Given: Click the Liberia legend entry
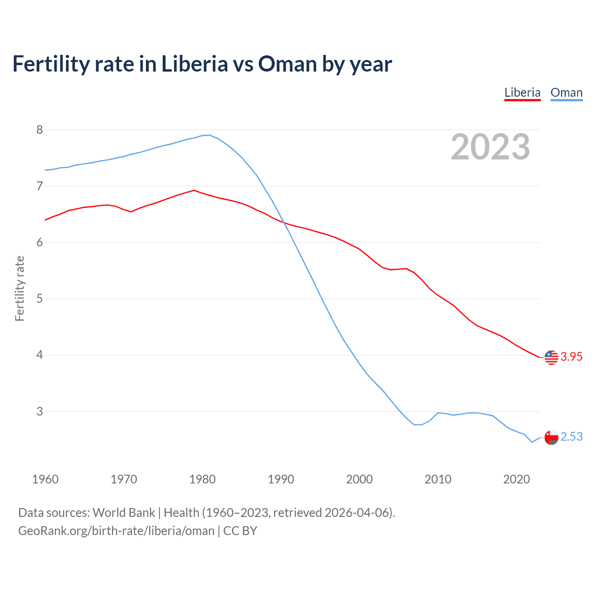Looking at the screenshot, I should (522, 93).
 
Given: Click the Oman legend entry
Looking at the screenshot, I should (566, 93).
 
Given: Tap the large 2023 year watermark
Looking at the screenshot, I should (490, 147).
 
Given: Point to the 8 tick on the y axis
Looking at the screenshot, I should (40, 130).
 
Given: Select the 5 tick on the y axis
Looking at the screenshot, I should (40, 298).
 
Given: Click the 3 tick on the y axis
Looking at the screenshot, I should (40, 411).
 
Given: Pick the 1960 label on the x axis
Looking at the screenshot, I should (45, 479).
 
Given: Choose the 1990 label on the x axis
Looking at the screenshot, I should (281, 479).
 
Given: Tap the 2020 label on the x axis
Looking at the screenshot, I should (516, 479).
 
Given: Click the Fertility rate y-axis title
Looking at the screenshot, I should (20, 288).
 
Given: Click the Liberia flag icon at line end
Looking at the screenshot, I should (551, 357).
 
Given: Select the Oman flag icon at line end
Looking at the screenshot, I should (551, 437).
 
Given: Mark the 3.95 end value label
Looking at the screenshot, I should (571, 357).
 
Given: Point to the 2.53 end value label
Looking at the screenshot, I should (571, 437).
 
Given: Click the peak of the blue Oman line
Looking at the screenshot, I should (209, 135).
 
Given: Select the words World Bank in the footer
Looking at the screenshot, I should (124, 513).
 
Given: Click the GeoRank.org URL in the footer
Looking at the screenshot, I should (116, 531).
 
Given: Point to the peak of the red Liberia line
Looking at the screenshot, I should (194, 190).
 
